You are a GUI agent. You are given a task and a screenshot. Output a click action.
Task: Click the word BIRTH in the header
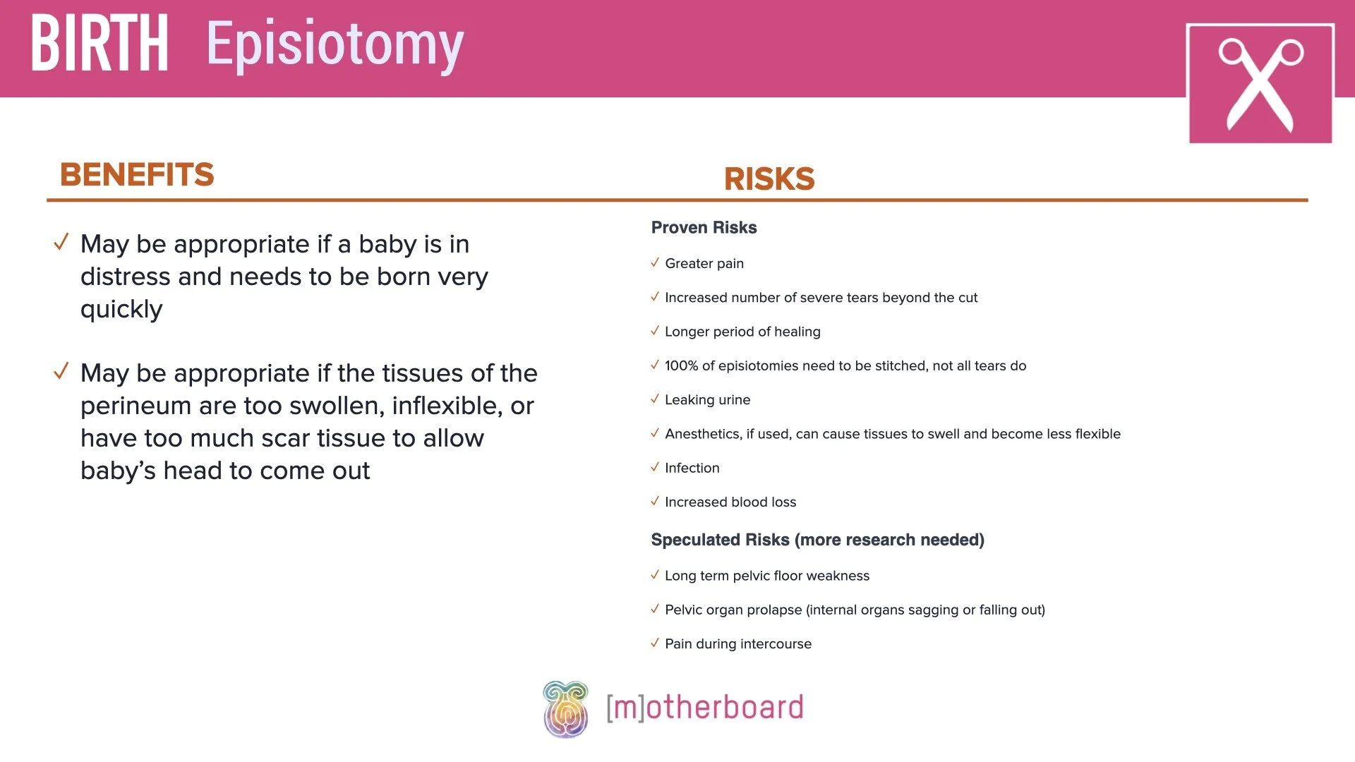coord(100,44)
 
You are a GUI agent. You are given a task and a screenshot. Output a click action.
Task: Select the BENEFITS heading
coord(137,175)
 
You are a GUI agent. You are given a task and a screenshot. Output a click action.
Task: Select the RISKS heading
coord(769,179)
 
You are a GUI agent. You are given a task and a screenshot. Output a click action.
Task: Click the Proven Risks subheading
coord(704,228)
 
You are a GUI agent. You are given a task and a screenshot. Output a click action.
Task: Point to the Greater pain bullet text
coord(704,264)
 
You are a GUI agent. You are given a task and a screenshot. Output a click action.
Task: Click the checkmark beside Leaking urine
coord(655,399)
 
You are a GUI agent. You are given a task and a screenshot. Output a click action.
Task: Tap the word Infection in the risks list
coord(692,468)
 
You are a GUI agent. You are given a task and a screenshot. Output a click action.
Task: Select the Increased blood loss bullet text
coord(730,502)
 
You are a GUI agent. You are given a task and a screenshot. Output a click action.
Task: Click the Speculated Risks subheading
coord(817,540)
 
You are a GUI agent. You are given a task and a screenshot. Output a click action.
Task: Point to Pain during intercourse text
coord(737,644)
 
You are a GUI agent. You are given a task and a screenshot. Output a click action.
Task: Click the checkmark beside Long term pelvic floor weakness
coord(655,575)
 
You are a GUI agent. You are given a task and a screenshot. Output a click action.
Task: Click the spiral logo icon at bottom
coord(565,709)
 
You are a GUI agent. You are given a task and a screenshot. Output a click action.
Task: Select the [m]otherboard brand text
coord(704,708)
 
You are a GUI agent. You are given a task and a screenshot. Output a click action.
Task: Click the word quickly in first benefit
coord(121,310)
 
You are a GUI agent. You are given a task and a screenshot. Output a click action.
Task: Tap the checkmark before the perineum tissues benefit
coord(61,371)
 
